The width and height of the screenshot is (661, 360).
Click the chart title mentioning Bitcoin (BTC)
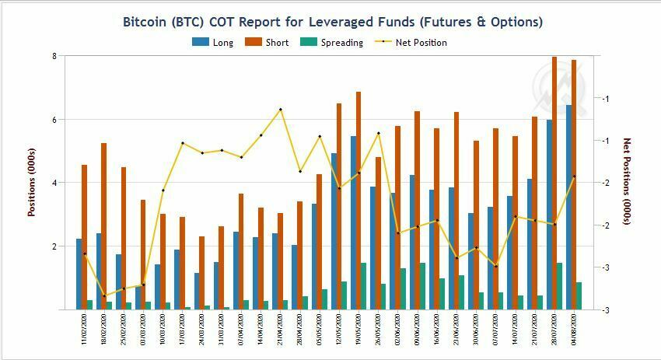point(333,22)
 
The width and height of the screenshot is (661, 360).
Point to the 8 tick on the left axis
point(54,56)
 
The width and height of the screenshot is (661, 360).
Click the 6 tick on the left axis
point(54,120)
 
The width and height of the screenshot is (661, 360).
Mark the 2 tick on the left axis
point(54,246)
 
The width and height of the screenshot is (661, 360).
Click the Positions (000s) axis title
point(32,182)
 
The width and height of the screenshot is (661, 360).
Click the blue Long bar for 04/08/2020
point(568,207)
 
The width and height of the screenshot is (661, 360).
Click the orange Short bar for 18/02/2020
point(103,225)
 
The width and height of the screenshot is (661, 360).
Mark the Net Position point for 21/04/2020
point(281,110)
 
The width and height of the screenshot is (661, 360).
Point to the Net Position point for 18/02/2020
point(104,295)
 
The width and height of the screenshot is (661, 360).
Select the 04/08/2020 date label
point(575,330)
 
